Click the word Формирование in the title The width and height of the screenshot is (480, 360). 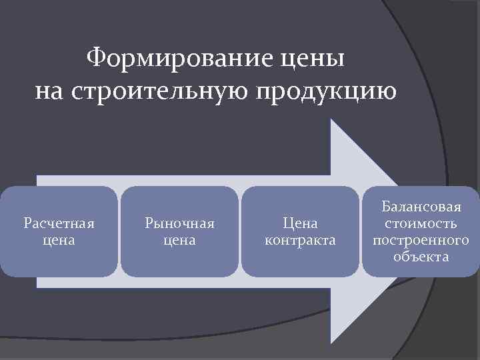tap(177, 59)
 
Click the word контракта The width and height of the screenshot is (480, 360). tap(300, 239)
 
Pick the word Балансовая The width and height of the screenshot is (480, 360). tap(421, 207)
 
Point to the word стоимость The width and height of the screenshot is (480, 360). tap(421, 223)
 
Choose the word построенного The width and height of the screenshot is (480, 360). tap(421, 240)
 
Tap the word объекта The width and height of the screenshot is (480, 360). tap(421, 257)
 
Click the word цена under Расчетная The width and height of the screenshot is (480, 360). tap(58, 239)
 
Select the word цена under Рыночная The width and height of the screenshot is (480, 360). tap(179, 239)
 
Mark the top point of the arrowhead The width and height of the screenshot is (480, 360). tap(332, 120)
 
